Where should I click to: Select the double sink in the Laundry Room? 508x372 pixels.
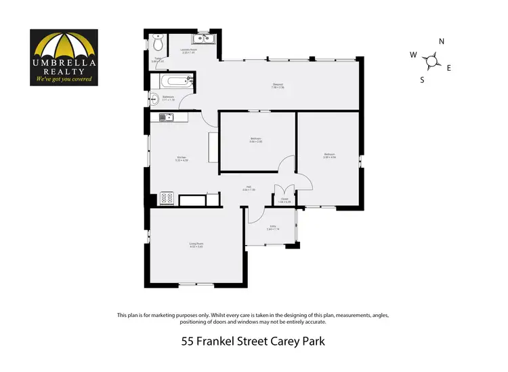click(205, 38)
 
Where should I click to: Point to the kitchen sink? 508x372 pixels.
click(167, 117)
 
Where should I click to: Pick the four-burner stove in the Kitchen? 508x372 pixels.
click(167, 199)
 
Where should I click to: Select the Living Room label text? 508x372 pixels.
click(196, 246)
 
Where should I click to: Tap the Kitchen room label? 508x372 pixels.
click(181, 158)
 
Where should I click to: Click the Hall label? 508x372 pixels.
click(249, 188)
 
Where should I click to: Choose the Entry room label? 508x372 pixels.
click(272, 227)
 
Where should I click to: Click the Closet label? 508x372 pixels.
click(284, 200)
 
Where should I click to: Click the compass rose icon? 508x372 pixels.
click(430, 62)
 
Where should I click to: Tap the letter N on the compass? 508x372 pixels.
click(441, 42)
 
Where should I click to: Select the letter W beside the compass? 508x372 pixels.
click(412, 55)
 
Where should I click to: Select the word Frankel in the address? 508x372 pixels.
click(221, 341)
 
